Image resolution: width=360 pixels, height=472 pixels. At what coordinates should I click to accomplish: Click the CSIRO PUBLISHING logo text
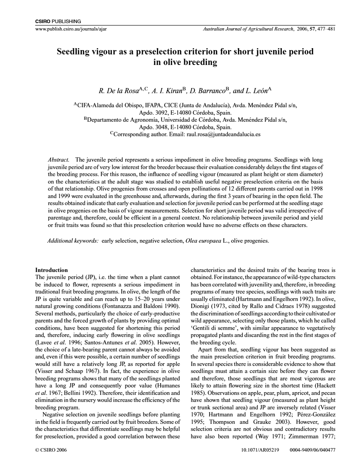[58, 21]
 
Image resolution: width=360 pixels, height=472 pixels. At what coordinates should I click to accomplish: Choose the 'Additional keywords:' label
[73, 241]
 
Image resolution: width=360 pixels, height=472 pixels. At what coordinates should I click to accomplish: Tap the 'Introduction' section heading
[51, 270]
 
